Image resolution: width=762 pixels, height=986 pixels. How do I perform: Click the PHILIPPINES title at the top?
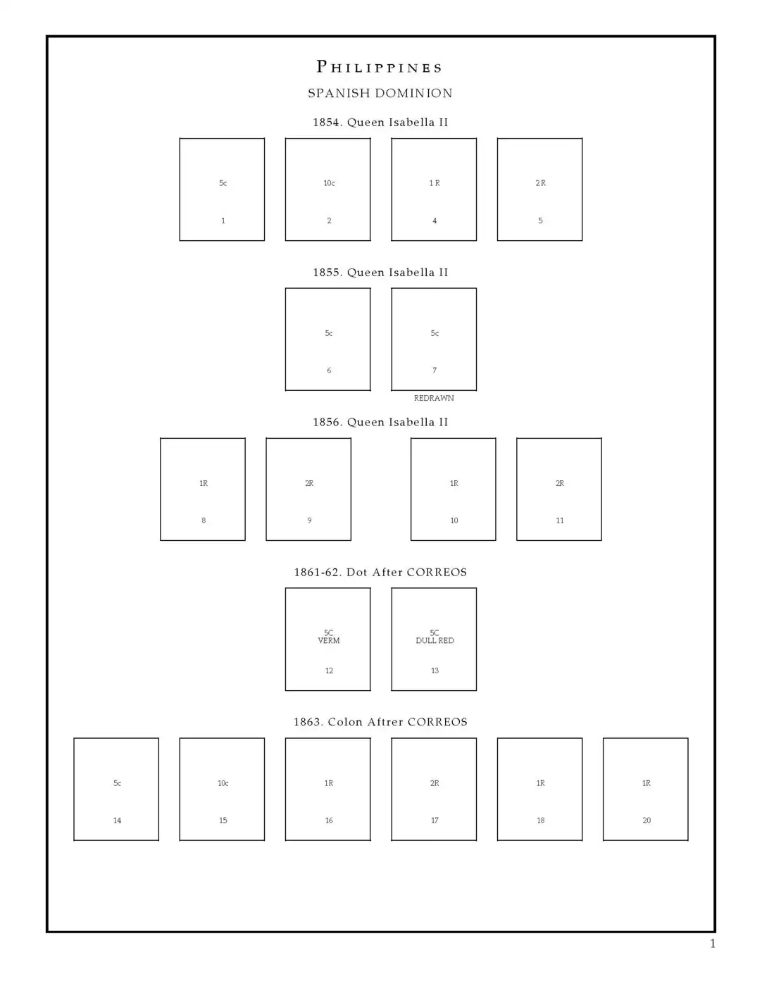tap(379, 67)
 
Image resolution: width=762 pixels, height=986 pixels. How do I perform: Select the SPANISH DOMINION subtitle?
tap(380, 93)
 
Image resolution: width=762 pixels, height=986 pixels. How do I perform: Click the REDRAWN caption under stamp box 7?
tap(434, 398)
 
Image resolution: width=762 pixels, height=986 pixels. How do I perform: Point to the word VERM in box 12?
tap(329, 641)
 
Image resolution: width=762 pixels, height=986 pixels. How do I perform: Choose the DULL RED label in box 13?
tap(435, 641)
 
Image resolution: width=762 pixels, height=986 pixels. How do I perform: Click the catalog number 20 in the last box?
tap(647, 820)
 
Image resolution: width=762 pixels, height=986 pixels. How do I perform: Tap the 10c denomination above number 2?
tap(329, 183)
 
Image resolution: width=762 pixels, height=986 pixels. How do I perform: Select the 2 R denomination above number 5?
tap(540, 183)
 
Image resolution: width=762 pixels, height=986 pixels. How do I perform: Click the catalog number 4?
tap(435, 220)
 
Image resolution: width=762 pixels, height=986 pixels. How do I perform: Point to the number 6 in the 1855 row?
tap(329, 370)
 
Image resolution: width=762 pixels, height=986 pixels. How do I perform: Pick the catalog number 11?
tap(560, 520)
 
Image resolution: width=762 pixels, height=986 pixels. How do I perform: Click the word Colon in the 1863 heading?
tap(345, 722)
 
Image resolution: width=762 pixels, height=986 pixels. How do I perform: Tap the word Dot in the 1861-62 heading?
tap(356, 572)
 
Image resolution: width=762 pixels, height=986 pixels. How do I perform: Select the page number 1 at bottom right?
tap(713, 944)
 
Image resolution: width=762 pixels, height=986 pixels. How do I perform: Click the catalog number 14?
tap(117, 820)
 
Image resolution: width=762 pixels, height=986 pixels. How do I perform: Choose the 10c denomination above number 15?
tap(223, 783)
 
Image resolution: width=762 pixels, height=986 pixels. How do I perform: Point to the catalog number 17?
tap(435, 820)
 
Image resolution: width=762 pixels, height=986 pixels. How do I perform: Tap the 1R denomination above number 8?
tap(204, 483)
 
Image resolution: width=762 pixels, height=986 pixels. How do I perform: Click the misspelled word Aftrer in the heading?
tap(385, 722)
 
